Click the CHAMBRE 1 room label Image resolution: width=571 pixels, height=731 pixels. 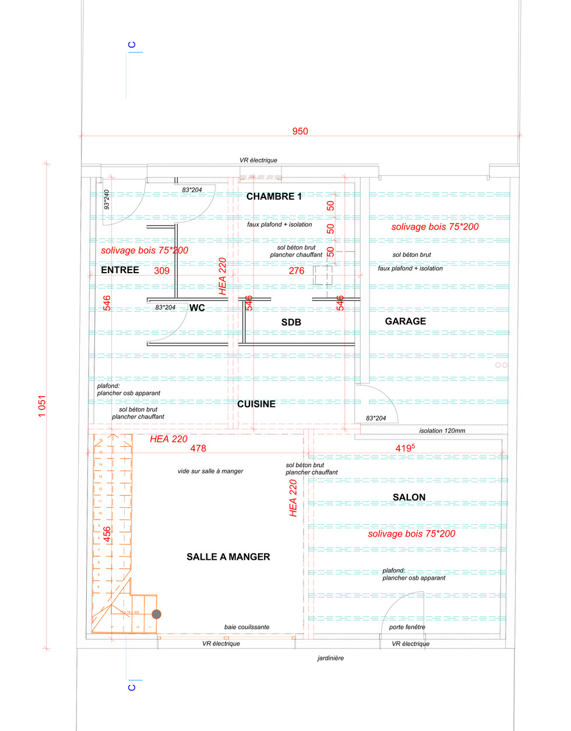[x=274, y=196]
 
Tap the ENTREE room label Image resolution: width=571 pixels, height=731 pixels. [x=120, y=270]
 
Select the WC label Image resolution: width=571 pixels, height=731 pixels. [x=197, y=308]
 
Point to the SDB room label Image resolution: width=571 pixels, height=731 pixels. [x=291, y=322]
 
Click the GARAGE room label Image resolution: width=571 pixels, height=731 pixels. [x=406, y=321]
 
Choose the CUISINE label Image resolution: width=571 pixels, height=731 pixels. [x=256, y=404]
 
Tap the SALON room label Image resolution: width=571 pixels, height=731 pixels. [x=409, y=497]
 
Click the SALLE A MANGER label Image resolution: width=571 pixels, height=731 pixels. [x=228, y=557]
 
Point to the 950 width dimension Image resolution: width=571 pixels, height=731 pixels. [x=300, y=131]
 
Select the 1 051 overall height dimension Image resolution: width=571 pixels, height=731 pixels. [x=42, y=406]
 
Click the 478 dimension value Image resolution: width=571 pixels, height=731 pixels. [x=198, y=448]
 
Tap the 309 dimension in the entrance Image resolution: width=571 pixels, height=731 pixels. [x=161, y=270]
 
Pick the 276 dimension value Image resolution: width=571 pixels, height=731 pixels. [x=297, y=270]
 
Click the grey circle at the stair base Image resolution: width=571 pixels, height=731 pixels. [x=156, y=614]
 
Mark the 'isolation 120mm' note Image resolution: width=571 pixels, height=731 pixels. [x=442, y=430]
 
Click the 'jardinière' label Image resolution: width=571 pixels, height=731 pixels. [x=330, y=658]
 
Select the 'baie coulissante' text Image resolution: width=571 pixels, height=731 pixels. [x=247, y=627]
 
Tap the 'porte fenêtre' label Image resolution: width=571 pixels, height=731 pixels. [x=407, y=627]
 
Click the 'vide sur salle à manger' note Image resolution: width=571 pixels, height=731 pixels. [x=210, y=471]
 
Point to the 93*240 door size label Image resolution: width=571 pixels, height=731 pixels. [x=107, y=199]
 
